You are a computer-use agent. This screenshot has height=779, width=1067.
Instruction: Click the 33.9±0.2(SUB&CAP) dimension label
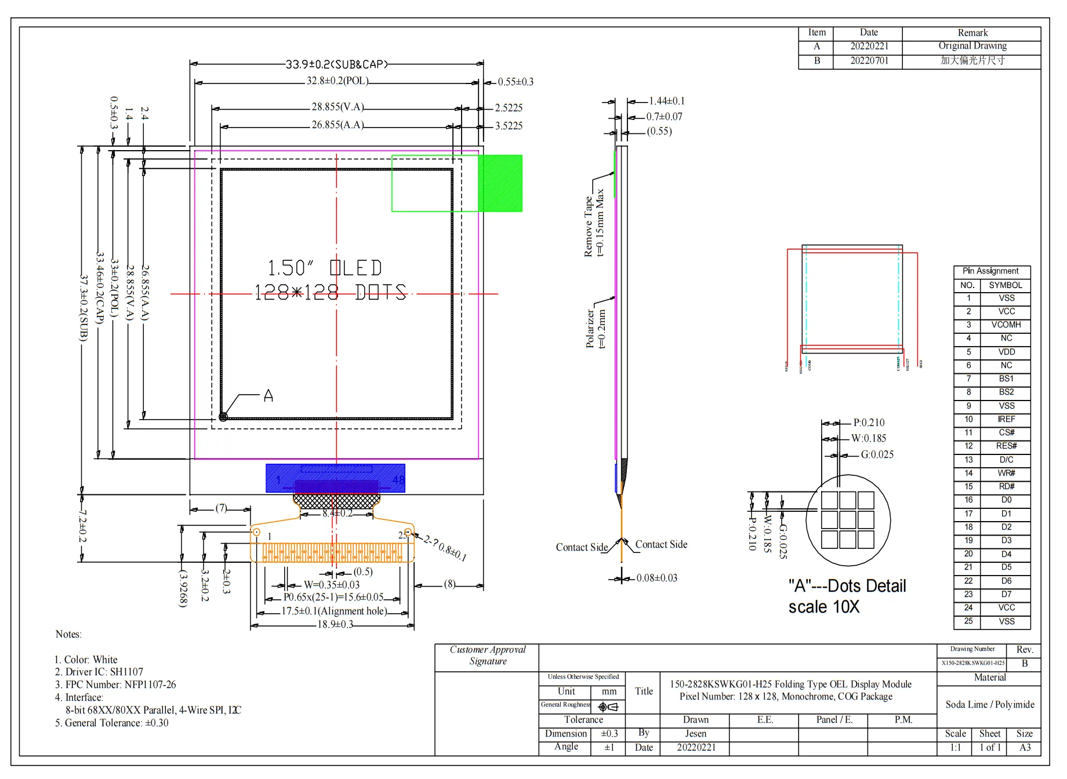tap(336, 64)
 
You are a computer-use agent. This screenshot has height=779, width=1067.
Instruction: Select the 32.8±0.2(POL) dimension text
tap(337, 81)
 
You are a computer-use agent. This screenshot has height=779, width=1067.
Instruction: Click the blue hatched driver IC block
tap(335, 478)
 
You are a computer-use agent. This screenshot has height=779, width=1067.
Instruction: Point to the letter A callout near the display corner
tap(268, 396)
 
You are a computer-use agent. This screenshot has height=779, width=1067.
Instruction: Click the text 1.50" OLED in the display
tap(324, 268)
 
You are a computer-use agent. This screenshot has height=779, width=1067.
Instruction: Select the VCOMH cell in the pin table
tap(1006, 325)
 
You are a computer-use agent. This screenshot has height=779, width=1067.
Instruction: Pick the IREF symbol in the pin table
tap(1006, 420)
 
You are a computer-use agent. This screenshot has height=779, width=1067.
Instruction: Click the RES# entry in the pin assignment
tap(1006, 446)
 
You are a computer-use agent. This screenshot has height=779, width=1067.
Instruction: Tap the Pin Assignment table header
tap(990, 271)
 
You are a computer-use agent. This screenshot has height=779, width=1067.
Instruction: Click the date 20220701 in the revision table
tap(869, 61)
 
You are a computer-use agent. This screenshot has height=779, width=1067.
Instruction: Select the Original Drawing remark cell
tap(972, 46)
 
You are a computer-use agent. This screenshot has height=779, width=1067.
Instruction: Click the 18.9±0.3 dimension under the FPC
tap(335, 625)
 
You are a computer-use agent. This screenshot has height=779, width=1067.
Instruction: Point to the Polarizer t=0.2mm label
tap(596, 328)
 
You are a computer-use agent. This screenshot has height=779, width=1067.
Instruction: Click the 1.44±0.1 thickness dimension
tap(666, 101)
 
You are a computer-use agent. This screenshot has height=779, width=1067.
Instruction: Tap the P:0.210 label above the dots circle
tap(869, 423)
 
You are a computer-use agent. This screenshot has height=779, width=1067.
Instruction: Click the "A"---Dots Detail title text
tap(847, 586)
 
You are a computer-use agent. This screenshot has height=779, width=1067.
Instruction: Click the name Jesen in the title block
tap(695, 734)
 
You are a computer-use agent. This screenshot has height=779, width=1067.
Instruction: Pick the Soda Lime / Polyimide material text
tap(989, 705)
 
